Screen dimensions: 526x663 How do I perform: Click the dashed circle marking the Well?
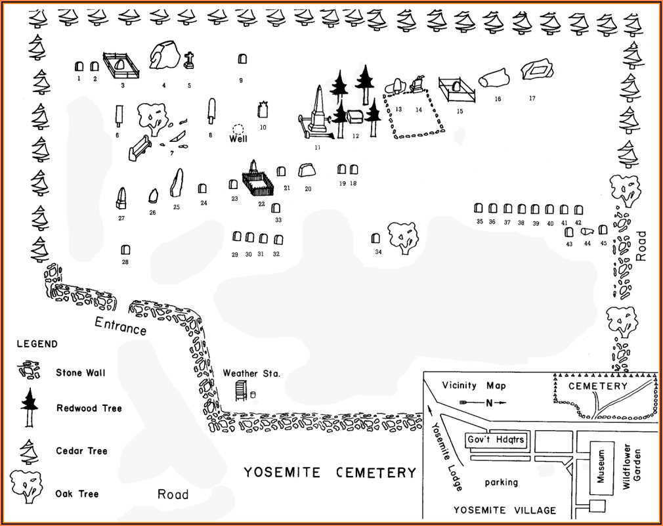pyautogui.click(x=238, y=129)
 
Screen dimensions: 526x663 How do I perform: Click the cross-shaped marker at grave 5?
pyautogui.click(x=190, y=60)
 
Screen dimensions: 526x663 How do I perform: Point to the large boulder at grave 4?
pyautogui.click(x=164, y=56)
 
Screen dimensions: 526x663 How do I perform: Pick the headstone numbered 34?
pyautogui.click(x=377, y=238)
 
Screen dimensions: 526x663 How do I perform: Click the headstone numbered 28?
pyautogui.click(x=125, y=250)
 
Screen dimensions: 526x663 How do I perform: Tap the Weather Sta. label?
pyautogui.click(x=251, y=373)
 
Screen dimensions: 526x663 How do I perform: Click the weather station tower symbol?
pyautogui.click(x=241, y=389)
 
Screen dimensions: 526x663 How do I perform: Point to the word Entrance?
pyautogui.click(x=120, y=325)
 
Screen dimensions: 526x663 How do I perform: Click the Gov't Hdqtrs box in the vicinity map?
pyautogui.click(x=496, y=439)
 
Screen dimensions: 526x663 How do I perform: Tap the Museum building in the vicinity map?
pyautogui.click(x=601, y=466)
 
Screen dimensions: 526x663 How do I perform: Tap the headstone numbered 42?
pyautogui.click(x=578, y=210)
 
